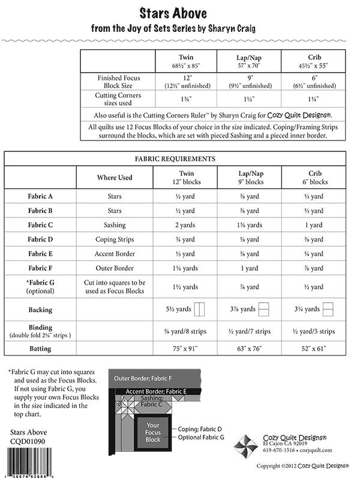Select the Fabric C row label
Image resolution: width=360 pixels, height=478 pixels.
coord(40,225)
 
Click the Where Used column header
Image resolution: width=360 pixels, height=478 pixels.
coord(115,178)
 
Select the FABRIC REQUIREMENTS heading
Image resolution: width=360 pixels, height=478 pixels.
coord(175,159)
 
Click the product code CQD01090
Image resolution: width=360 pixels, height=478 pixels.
coord(28,441)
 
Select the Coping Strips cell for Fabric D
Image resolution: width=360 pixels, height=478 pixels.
coord(115,240)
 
